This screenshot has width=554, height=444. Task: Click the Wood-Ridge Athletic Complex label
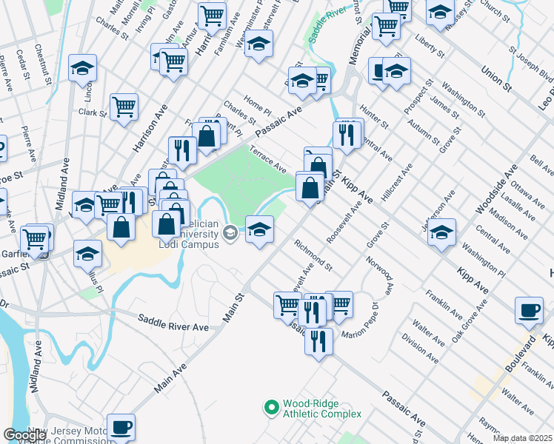tap(322, 408)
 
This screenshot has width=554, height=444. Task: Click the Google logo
tap(24, 435)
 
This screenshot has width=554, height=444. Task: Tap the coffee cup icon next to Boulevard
tap(530, 311)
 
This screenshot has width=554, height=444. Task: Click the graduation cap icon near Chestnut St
tap(82, 68)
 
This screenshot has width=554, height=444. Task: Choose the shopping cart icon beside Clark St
tap(124, 106)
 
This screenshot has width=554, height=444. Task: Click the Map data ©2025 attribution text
tap(523, 437)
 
